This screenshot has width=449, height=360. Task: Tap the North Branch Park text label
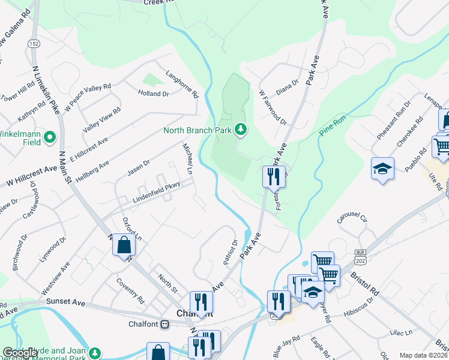pyautogui.click(x=197, y=131)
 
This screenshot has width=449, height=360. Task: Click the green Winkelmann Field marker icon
pyautogui.click(x=50, y=137)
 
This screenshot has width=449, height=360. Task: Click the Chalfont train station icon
pyautogui.click(x=165, y=324)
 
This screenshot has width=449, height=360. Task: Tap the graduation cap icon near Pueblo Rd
pyautogui.click(x=382, y=169)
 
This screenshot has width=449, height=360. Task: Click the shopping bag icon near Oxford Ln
pyautogui.click(x=124, y=246)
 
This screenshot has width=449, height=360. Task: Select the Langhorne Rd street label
pyautogui.click(x=187, y=86)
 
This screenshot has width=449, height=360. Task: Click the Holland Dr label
pyautogui.click(x=154, y=94)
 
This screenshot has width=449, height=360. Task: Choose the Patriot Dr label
pyautogui.click(x=231, y=252)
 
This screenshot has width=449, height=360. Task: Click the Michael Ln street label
pyautogui.click(x=188, y=159)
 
